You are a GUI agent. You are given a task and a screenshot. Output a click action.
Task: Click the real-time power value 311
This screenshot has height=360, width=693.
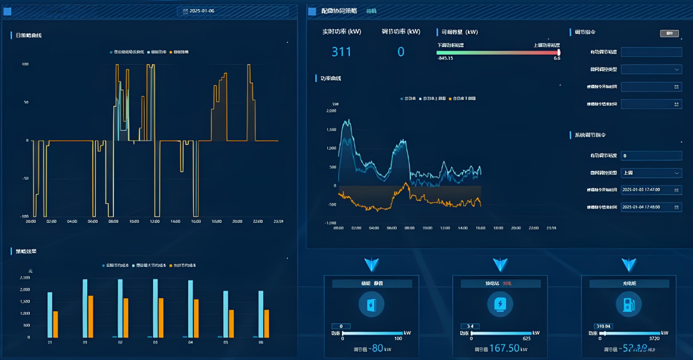tap(341, 52)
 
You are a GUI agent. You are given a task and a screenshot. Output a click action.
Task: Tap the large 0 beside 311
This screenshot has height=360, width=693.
tap(401, 52)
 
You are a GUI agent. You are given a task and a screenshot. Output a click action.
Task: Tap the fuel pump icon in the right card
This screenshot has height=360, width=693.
tap(629, 305)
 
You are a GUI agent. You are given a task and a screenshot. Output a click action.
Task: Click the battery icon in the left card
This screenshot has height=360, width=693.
tap(371, 305)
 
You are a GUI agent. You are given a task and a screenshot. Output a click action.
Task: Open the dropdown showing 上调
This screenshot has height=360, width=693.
tap(651, 173)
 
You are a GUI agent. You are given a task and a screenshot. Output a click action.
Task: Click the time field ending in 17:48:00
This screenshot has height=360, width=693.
tap(651, 207)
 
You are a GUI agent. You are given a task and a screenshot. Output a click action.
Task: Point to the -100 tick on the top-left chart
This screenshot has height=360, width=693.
tap(24, 216)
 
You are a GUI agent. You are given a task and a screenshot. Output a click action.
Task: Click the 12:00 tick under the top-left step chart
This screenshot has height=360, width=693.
tap(154, 222)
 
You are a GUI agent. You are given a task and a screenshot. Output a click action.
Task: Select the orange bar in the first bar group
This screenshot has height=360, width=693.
tap(56, 324)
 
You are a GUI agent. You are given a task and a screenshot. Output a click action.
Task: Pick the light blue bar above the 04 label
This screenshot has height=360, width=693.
tap(191, 309)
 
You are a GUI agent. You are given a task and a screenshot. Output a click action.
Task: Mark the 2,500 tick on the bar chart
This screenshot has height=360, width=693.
tap(25, 277)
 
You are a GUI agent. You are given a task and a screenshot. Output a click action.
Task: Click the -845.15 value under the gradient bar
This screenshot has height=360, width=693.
tap(445, 58)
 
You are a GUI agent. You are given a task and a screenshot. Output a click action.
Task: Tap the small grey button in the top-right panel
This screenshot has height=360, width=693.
tap(669, 33)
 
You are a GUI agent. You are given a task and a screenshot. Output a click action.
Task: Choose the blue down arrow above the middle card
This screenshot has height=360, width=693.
tap(500, 265)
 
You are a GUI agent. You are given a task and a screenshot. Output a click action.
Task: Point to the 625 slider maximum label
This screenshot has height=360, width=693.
tap(526, 339)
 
